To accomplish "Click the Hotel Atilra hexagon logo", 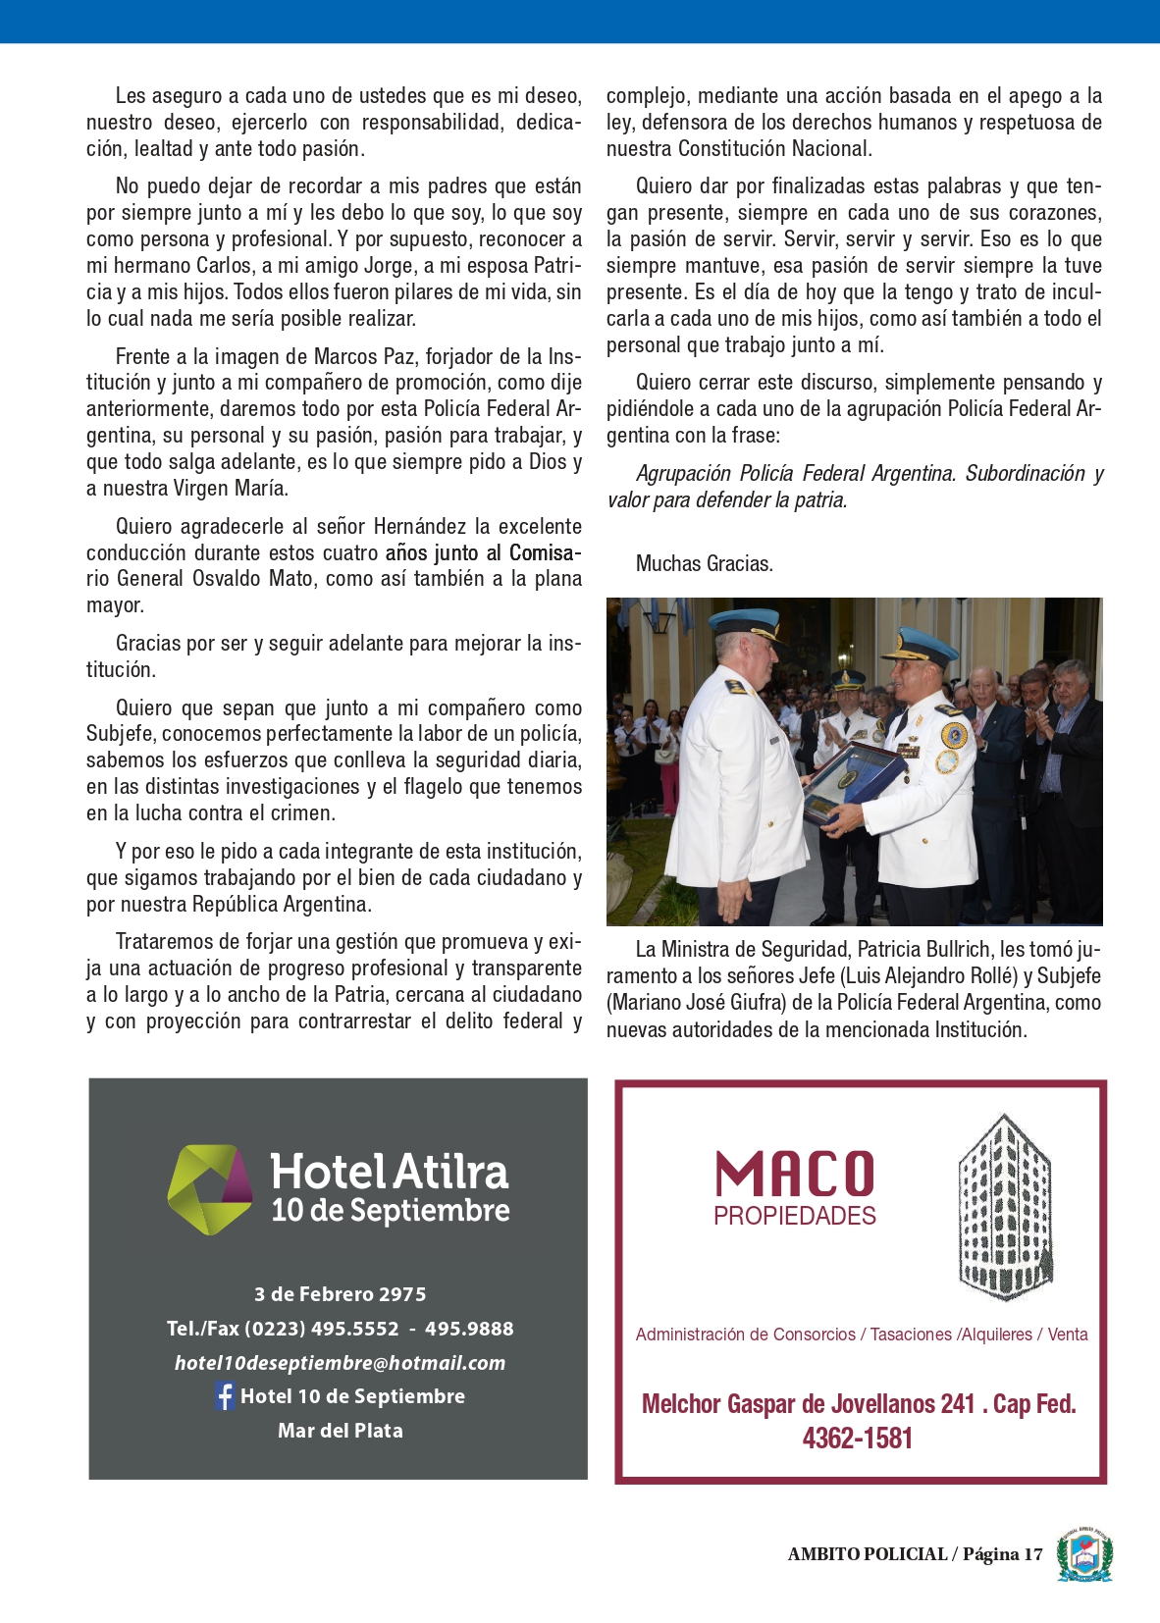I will tap(209, 1189).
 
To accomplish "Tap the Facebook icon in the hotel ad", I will tap(225, 1395).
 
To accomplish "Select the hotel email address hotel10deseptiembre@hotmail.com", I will tap(340, 1362).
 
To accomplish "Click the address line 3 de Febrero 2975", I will tap(340, 1293).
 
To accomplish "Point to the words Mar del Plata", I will tap(340, 1430).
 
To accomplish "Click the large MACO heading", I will tap(794, 1176).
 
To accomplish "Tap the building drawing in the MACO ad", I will tap(1005, 1207).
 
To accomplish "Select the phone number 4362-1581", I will tap(857, 1439).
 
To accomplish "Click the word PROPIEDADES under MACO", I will tap(794, 1217).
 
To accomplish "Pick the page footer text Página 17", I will tap(1002, 1554).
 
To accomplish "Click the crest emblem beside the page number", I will tap(1083, 1554).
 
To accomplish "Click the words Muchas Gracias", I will tap(704, 563).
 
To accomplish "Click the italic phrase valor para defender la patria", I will tap(726, 500).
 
